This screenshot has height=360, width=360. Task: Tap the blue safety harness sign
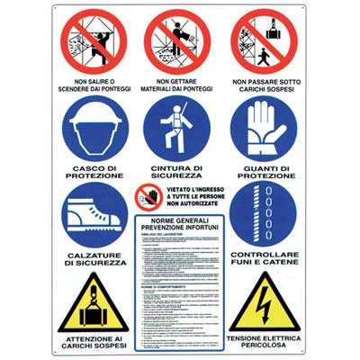(179, 128)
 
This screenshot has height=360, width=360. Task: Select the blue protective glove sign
(262, 128)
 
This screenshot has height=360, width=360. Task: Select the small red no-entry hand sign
(148, 197)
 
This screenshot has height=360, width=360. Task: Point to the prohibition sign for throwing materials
(179, 41)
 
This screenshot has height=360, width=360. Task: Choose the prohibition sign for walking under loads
(262, 41)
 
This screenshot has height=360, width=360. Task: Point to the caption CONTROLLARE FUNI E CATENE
(262, 260)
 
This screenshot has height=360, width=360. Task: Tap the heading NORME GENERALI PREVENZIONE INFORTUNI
(179, 225)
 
